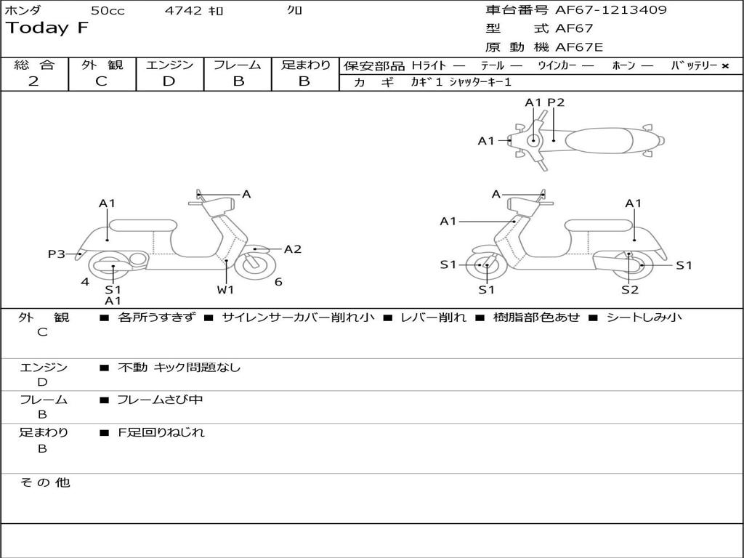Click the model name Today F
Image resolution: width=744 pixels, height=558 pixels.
click(x=47, y=28)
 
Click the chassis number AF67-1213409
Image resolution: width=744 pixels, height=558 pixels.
click(x=610, y=9)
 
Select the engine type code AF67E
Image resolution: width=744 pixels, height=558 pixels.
click(x=579, y=47)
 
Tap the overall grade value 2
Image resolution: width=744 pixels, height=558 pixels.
click(x=33, y=81)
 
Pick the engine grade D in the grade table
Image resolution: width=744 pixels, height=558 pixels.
click(x=169, y=81)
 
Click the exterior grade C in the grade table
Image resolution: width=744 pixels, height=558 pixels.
click(x=101, y=81)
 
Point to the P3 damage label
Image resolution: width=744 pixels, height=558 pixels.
click(x=57, y=254)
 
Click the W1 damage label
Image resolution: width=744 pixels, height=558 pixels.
click(x=225, y=289)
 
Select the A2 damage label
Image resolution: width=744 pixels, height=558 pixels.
click(x=293, y=249)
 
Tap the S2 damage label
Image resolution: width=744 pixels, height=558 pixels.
click(x=630, y=289)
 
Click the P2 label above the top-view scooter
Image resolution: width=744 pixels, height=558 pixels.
click(x=556, y=102)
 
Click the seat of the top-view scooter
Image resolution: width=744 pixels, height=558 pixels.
click(x=599, y=141)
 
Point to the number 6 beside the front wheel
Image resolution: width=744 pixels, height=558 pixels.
click(x=278, y=282)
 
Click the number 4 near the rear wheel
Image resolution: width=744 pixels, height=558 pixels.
click(x=85, y=282)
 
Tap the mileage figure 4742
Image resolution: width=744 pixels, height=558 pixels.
click(x=183, y=10)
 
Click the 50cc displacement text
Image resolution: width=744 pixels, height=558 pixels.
click(x=108, y=10)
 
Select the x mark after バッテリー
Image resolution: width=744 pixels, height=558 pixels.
click(x=725, y=66)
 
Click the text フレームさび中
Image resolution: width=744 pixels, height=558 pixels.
click(x=160, y=400)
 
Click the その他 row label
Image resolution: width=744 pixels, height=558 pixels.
click(x=45, y=482)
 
